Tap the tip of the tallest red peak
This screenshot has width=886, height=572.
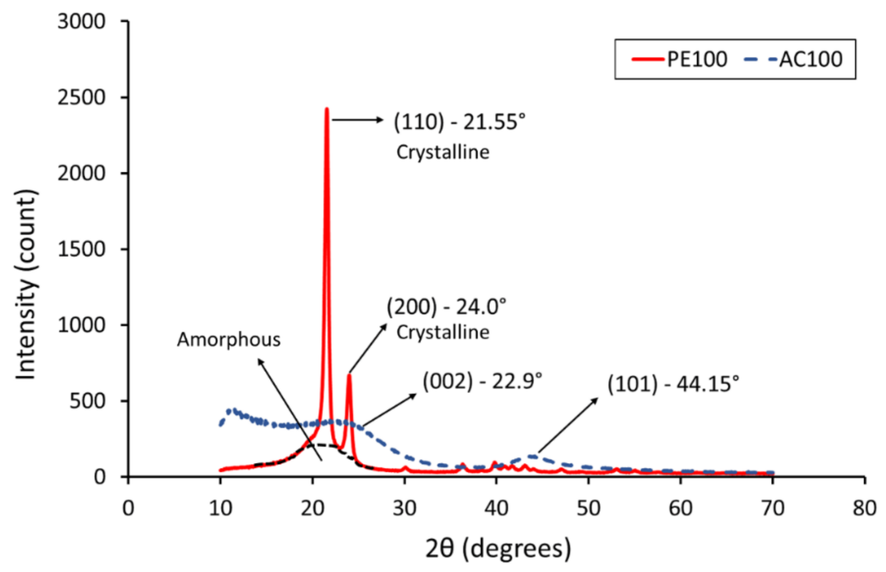point(327,109)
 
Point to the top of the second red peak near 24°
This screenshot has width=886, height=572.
point(349,375)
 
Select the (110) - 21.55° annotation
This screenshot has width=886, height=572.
point(459,122)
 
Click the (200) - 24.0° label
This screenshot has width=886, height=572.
point(446,307)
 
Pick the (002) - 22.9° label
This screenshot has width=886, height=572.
point(482,381)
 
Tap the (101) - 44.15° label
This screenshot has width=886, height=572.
point(673,384)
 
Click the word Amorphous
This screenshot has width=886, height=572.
point(229,339)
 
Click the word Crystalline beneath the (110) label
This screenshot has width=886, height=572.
point(443,152)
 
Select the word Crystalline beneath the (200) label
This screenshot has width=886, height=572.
point(443,332)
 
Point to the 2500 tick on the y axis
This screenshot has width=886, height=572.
point(81,98)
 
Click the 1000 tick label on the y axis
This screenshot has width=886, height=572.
point(81,325)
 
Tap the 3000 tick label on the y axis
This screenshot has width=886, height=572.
point(81,22)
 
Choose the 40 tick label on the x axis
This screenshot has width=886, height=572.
point(496,508)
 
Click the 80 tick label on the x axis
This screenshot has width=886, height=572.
point(864,508)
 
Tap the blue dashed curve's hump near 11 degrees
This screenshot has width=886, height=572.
point(233,411)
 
